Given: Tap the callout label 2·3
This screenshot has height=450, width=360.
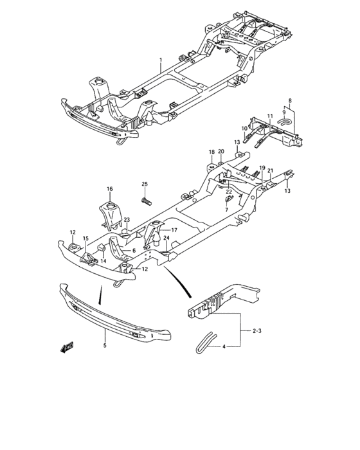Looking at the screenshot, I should (x=256, y=331).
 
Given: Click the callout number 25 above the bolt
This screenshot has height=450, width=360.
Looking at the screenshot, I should (x=145, y=184).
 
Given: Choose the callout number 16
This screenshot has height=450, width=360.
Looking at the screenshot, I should (x=109, y=189).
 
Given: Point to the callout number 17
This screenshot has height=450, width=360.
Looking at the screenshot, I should (x=174, y=230).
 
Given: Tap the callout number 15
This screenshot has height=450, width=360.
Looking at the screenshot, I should (x=85, y=239).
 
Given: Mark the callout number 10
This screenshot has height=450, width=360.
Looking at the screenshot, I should (x=244, y=128).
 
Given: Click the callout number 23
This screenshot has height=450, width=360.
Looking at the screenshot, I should (x=127, y=220).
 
